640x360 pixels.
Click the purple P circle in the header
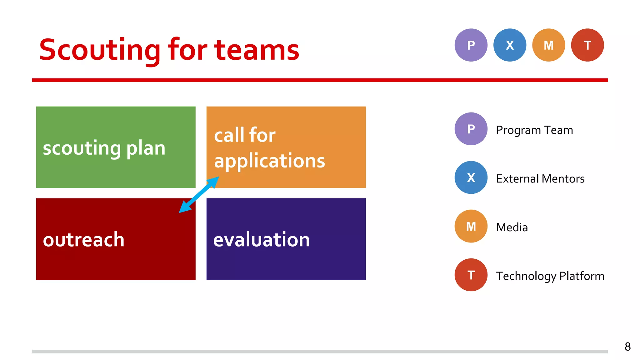coord(471,45)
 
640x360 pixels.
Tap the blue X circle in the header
coord(510,45)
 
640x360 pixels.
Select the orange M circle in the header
coord(548,45)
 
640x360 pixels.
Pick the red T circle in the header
coord(587,45)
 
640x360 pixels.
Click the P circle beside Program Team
coord(471,129)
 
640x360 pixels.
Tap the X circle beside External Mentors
coord(471,177)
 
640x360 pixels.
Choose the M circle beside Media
coord(471,226)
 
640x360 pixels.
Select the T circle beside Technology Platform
coord(471,275)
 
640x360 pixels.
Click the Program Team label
coord(534,130)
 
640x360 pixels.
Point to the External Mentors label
coord(540,179)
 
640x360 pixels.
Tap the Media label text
coord(512,227)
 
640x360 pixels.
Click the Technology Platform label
coord(550,276)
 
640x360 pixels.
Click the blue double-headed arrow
coord(199,195)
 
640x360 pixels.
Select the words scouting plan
coord(104,148)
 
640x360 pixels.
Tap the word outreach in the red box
coord(84,240)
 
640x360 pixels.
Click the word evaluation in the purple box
coord(261,240)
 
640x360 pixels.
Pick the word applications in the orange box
coord(269,161)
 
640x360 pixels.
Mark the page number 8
coord(627,347)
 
